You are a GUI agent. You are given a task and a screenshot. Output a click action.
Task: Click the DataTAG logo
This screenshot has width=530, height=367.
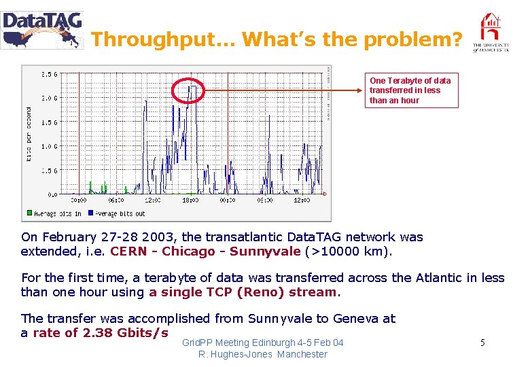click(x=42, y=30)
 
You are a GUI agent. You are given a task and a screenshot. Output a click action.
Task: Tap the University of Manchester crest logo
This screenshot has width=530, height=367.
click(x=491, y=33)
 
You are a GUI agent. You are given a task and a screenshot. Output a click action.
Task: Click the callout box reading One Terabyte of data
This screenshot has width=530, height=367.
click(x=410, y=90)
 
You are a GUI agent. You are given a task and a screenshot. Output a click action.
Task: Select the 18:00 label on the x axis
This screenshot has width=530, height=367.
click(x=190, y=200)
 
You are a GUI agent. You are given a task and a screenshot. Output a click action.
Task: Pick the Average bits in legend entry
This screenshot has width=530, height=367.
click(x=54, y=213)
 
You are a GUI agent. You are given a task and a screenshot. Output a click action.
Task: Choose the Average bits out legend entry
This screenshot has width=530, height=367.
click(x=116, y=213)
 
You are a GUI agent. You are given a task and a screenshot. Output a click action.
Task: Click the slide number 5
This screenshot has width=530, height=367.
click(x=482, y=343)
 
